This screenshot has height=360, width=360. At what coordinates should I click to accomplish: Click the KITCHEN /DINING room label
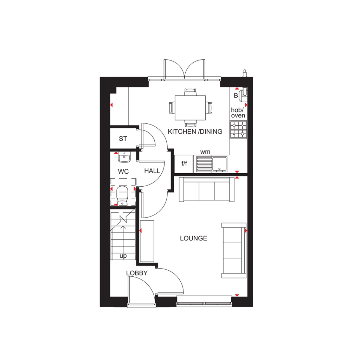195,132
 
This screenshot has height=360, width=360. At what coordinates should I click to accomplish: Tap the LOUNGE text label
193,238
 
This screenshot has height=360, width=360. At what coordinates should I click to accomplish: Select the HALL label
152,171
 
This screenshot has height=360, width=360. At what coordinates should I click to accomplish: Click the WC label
123,172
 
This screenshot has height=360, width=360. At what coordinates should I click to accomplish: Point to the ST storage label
123,139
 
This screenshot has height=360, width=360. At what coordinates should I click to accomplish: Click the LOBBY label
137,273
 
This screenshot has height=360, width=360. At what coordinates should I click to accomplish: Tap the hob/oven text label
238,113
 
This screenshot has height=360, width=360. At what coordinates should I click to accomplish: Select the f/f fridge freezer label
184,164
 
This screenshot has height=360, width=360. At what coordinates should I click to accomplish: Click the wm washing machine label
205,152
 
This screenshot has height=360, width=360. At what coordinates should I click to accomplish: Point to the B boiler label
236,95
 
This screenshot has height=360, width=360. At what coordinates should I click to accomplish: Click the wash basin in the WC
124,158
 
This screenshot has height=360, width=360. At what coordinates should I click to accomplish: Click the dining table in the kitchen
190,107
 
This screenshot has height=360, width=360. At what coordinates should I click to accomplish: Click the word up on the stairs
123,256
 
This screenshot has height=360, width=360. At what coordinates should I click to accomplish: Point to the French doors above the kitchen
184,69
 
